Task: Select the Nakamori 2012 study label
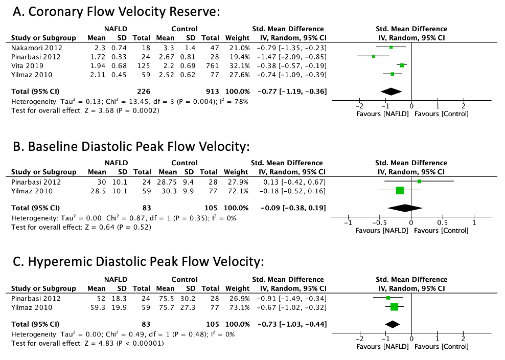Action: coord(33,47)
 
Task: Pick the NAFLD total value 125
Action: coord(143,65)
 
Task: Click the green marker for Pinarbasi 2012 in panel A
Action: coord(373,56)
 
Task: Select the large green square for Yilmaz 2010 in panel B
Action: coord(400,191)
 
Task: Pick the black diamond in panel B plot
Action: coord(406,208)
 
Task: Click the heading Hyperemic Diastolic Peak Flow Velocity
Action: coord(137,263)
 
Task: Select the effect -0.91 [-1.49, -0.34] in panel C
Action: coord(292,298)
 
